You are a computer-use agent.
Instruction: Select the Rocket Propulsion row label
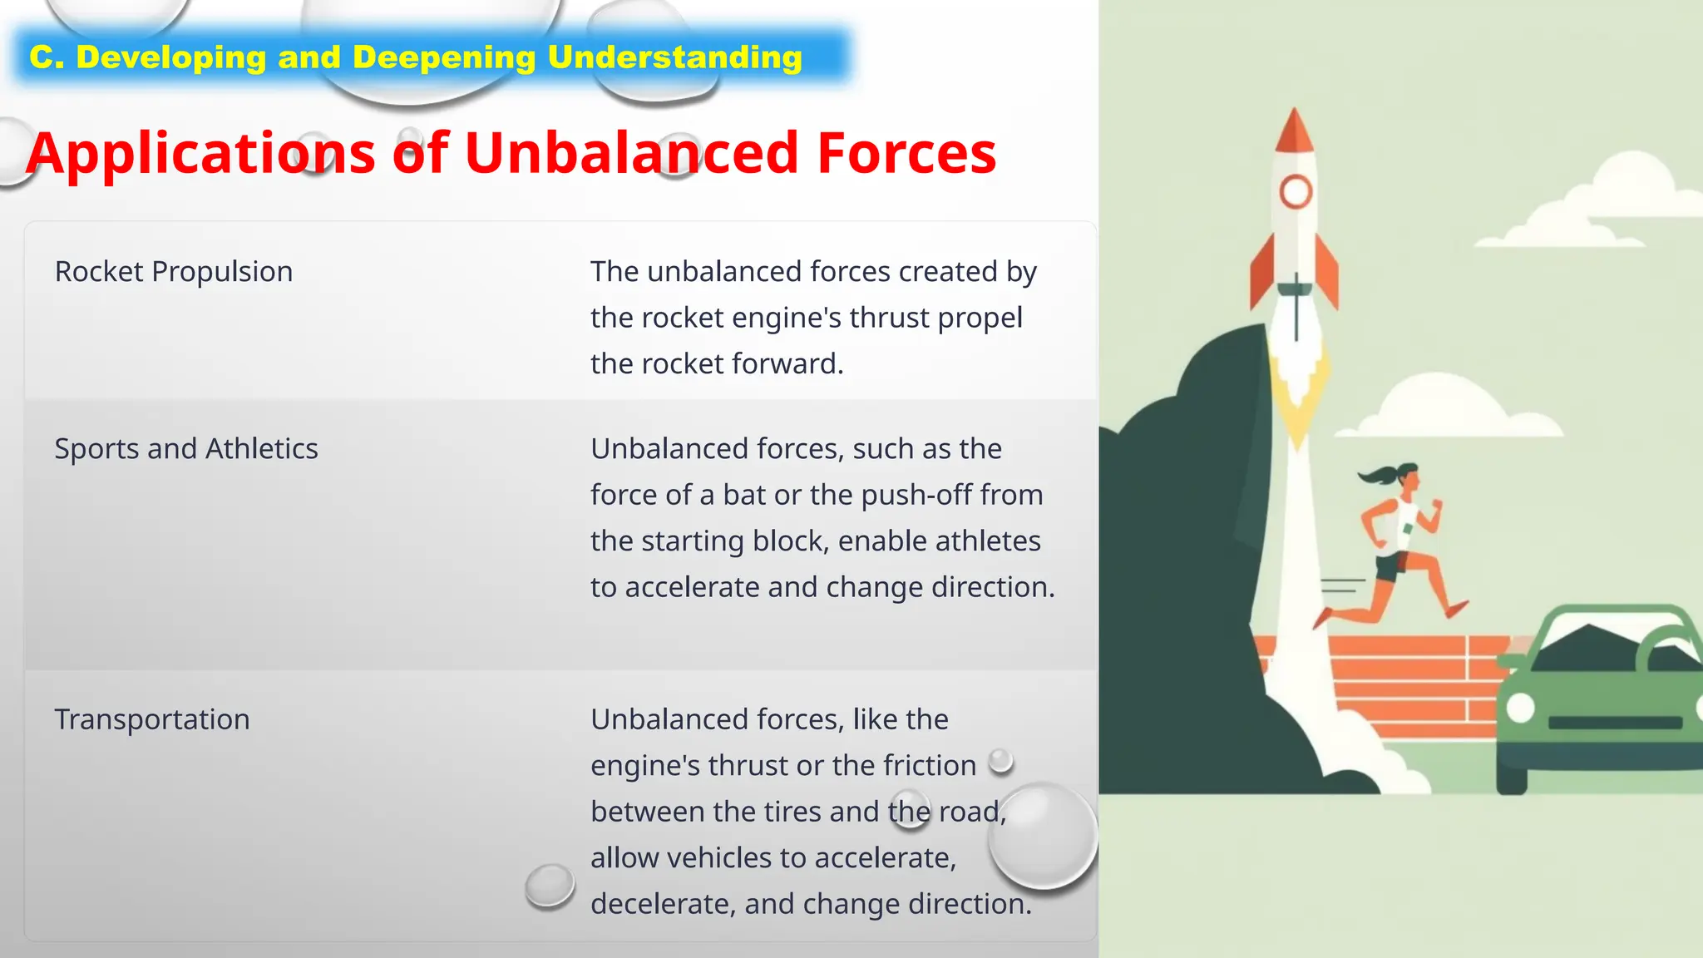[174, 272]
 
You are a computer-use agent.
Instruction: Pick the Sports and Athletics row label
[186, 449]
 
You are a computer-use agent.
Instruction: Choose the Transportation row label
[152, 719]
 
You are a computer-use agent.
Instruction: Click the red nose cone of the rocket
[1294, 133]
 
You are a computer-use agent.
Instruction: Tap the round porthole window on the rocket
[1296, 192]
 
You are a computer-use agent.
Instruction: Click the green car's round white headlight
[1521, 707]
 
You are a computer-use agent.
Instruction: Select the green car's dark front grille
[1615, 723]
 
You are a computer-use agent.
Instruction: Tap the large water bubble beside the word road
[1043, 836]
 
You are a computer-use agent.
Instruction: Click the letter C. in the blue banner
[47, 57]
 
